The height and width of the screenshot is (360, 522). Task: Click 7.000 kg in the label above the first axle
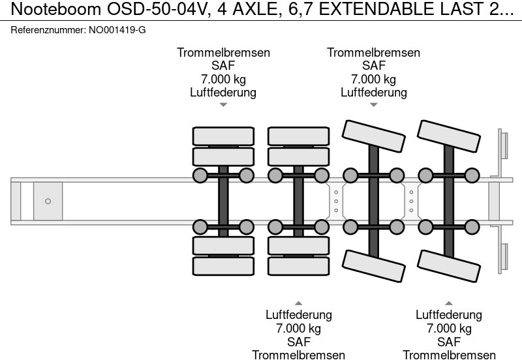pos(223,80)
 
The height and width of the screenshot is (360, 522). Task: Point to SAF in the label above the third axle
pos(374,66)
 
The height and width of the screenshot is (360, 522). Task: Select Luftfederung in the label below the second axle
pos(298,315)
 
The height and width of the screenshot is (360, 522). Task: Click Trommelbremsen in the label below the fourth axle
pos(449,355)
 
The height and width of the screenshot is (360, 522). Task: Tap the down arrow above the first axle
pos(223,104)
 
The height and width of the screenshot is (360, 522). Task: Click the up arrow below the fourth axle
pos(449,303)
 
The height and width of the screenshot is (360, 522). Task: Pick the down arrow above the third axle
pos(374,104)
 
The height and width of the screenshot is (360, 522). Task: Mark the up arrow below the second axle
pos(298,303)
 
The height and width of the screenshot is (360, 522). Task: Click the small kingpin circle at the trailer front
pos(48,201)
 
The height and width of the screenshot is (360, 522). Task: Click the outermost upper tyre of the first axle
pos(223,136)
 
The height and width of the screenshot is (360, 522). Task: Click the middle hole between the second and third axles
pos(335,201)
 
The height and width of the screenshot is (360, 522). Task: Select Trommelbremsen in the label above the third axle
pos(374,53)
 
